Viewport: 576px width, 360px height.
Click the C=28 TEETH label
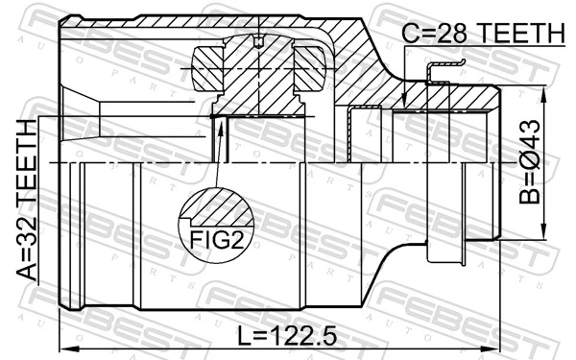483,34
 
